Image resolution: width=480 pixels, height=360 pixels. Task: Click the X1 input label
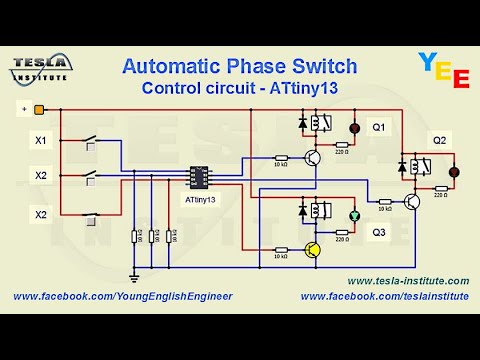(41, 141)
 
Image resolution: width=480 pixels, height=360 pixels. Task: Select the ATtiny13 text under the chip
(200, 200)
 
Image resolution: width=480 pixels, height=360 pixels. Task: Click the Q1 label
(379, 128)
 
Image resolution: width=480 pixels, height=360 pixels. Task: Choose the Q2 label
(440, 139)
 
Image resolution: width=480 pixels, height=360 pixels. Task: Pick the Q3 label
(379, 232)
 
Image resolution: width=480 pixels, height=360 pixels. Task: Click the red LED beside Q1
(352, 129)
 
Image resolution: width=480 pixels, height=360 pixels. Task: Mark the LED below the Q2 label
(452, 172)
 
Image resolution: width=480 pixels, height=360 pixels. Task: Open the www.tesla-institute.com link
(407, 281)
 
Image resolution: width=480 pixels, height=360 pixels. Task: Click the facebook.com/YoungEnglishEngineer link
(122, 297)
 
